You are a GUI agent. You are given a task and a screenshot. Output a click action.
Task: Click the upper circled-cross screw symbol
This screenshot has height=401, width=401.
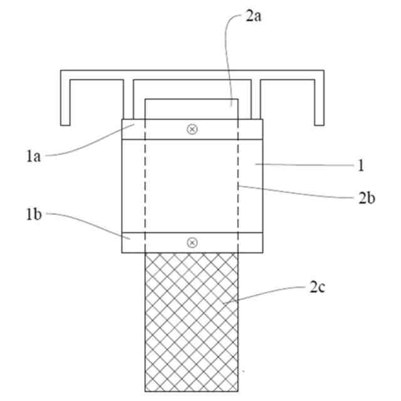pyautogui.click(x=192, y=129)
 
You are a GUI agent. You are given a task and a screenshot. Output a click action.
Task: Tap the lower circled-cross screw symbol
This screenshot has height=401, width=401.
pyautogui.click(x=192, y=242)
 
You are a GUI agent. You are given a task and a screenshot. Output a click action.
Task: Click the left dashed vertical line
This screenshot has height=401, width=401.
pyautogui.click(x=145, y=188)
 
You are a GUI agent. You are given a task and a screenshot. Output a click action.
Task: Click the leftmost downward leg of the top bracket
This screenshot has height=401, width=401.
pyautogui.click(x=65, y=100)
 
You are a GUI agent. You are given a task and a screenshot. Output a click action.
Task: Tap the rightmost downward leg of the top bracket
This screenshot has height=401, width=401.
pyautogui.click(x=320, y=100)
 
